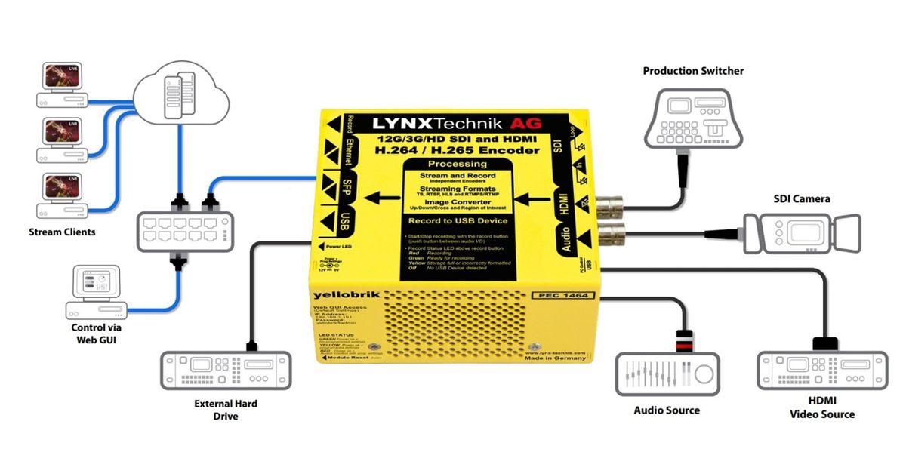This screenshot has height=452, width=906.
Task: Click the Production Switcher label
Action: (x=693, y=71)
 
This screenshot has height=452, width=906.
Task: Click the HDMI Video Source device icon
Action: (x=822, y=371)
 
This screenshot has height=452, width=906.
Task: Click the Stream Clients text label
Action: (x=62, y=232)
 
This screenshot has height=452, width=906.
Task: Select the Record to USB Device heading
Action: (x=458, y=222)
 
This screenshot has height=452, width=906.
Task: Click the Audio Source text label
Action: (x=667, y=410)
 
